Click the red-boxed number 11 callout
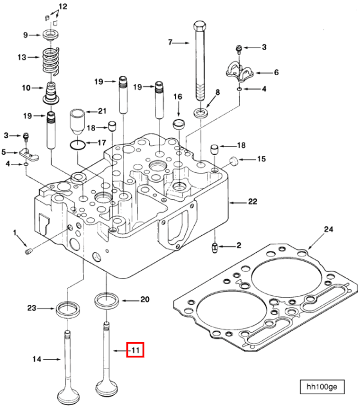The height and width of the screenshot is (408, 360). (135, 350)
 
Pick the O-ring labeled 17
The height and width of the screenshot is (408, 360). (78, 143)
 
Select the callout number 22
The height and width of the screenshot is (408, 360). (252, 201)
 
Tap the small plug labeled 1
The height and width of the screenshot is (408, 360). (28, 251)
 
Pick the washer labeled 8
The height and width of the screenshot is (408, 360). (202, 114)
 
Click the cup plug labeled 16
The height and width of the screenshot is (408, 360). (179, 124)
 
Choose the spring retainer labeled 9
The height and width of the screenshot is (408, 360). (50, 35)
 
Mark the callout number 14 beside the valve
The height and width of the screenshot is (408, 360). (37, 359)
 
